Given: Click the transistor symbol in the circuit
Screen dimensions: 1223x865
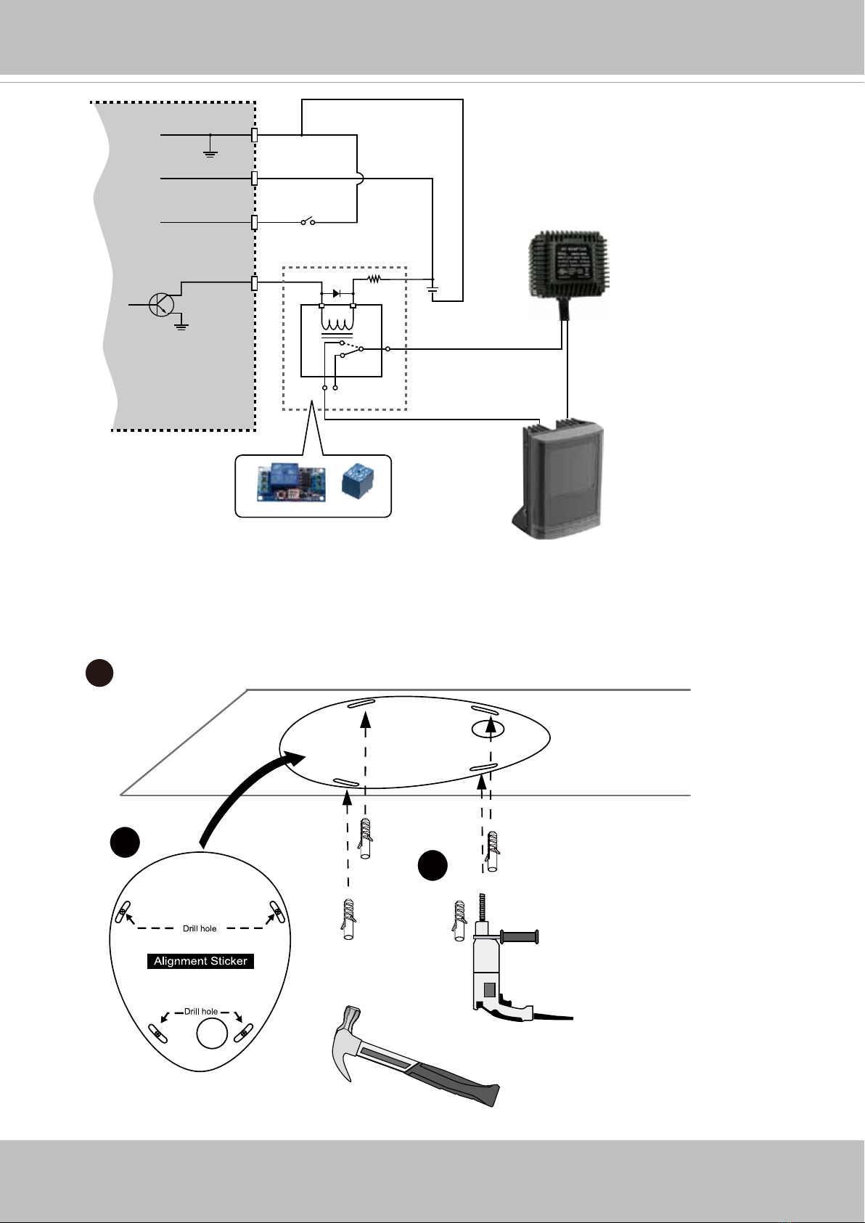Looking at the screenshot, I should (160, 304).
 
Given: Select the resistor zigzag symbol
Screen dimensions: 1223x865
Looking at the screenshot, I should (374, 278).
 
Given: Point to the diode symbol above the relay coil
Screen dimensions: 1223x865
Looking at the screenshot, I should (337, 293).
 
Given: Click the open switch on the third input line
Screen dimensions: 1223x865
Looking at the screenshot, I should (308, 221).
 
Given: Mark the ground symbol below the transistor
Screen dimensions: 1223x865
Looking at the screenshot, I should (181, 326).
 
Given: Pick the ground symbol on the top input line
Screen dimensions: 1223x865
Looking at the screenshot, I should (210, 152).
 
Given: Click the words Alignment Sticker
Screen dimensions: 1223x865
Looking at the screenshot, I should (201, 961).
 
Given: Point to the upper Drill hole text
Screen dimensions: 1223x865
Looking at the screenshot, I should (200, 928).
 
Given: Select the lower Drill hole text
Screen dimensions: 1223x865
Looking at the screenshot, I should (201, 1011).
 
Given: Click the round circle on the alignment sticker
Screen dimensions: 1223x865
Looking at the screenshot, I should (212, 1033).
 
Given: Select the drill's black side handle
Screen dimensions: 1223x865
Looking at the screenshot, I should (520, 938).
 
